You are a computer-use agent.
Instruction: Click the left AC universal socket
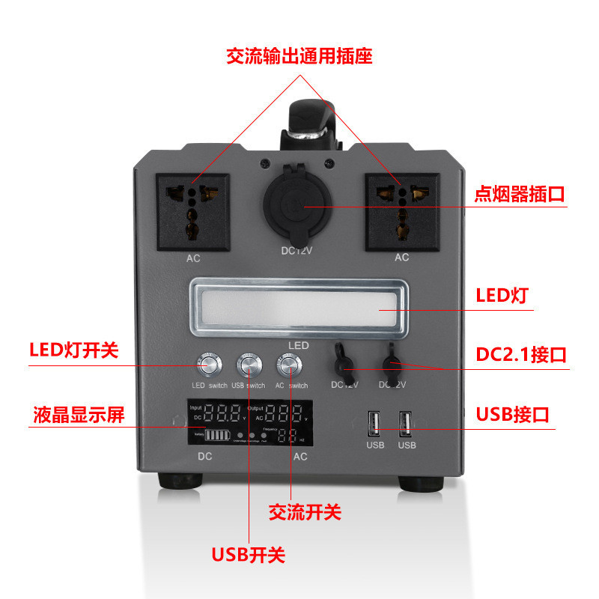[x=192, y=211]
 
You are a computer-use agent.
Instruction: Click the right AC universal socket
[x=402, y=211]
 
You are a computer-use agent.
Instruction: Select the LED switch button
[x=208, y=365]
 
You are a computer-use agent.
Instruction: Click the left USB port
[x=374, y=425]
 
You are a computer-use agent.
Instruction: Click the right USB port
[x=406, y=425]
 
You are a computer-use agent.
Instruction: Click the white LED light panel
[x=297, y=309]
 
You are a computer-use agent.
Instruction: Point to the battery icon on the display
[x=215, y=435]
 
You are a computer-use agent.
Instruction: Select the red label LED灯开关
[x=73, y=350]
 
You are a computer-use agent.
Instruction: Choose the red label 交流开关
[x=305, y=512]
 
